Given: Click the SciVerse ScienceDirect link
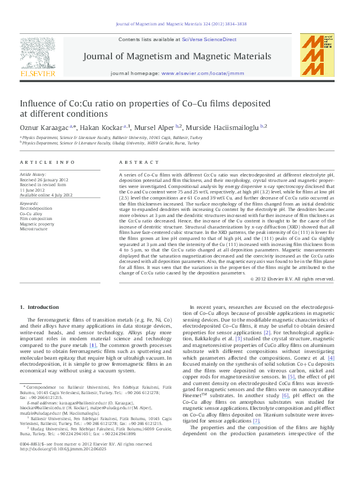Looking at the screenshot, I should click(207, 39).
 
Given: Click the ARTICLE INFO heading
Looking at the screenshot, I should click(39, 163).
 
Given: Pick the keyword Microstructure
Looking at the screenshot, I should click(34, 230).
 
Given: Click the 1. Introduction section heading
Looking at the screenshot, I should click(44, 307).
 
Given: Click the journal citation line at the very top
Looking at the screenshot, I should click(180, 25).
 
